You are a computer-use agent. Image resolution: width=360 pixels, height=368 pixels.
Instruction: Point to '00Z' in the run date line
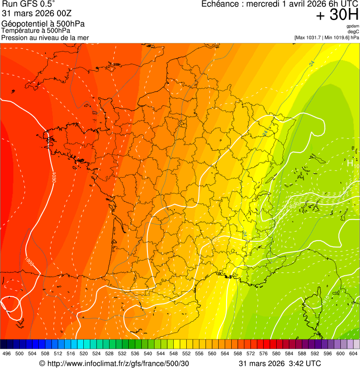click(x=61, y=13)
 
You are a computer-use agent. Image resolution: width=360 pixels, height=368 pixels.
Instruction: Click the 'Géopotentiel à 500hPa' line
click(x=43, y=24)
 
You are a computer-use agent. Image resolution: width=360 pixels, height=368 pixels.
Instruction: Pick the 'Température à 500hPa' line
click(x=36, y=30)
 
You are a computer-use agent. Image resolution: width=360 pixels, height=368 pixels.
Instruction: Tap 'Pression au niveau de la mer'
click(x=45, y=37)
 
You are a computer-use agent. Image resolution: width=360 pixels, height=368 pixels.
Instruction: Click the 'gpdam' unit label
click(x=353, y=26)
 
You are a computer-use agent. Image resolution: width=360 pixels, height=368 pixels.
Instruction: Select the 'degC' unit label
click(x=354, y=32)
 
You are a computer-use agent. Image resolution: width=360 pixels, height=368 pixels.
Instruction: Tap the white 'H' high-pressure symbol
click(x=350, y=163)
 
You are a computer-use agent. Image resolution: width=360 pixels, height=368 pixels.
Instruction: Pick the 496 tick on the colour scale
click(x=7, y=354)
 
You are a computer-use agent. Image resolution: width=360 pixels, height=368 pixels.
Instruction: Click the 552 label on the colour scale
click(x=186, y=354)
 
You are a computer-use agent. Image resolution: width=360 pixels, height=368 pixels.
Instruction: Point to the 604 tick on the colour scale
click(x=353, y=354)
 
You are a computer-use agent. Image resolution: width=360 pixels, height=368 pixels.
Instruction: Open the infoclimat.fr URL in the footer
click(x=118, y=363)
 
